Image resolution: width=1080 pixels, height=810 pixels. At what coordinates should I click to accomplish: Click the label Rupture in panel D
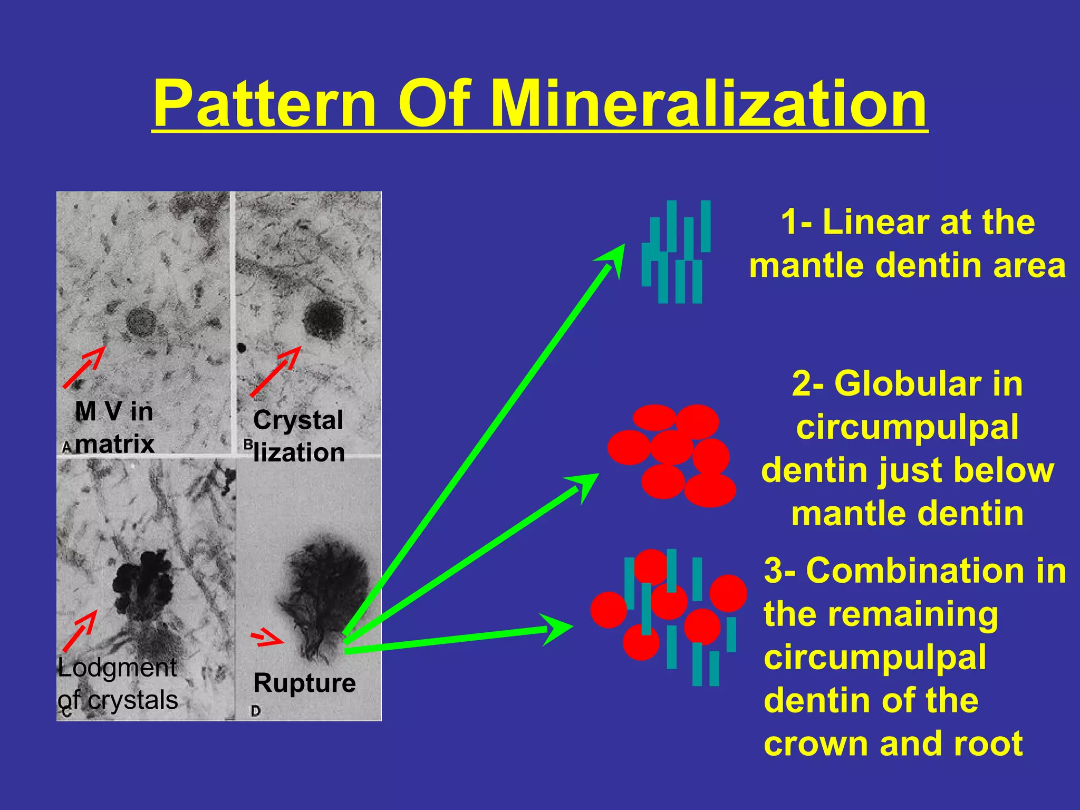point(304,683)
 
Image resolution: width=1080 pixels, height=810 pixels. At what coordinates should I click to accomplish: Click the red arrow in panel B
point(275,371)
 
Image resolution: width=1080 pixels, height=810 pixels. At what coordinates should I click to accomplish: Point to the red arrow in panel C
point(80,631)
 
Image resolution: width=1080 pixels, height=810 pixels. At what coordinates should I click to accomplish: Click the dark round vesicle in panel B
point(323,320)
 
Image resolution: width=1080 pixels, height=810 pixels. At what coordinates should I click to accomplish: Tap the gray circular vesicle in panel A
point(141,322)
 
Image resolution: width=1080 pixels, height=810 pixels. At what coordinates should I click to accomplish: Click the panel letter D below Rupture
point(256,711)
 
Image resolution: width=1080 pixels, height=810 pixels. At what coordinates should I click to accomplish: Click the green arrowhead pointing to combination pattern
point(559,628)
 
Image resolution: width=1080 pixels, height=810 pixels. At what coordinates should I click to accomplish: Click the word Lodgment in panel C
point(117,668)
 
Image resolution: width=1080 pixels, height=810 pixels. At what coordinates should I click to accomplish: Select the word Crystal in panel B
point(298,420)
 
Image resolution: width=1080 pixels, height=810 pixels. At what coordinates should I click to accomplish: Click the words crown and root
point(893,744)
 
